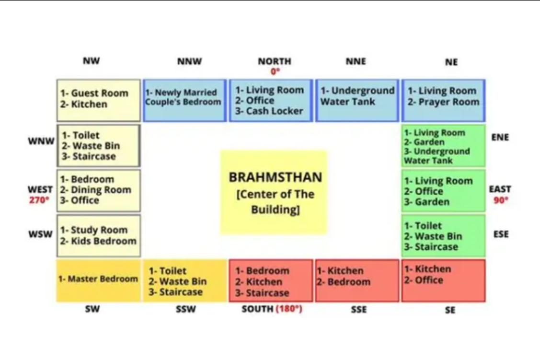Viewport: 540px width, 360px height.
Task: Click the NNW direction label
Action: point(189,61)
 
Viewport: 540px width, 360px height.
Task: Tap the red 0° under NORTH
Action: point(275,71)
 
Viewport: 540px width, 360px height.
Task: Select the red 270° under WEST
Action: point(39,200)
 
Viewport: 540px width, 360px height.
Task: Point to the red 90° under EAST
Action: point(501,200)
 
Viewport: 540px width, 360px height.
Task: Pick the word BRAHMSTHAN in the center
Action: point(276,177)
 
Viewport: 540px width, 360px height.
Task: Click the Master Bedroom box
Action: point(99,281)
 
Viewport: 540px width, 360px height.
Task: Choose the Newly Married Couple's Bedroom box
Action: point(185,100)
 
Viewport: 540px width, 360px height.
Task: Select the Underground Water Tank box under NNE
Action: point(357,100)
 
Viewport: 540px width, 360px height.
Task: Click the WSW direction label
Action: point(40,234)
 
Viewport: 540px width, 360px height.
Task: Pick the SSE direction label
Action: point(359,309)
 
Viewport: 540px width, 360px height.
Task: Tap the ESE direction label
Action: point(501,234)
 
